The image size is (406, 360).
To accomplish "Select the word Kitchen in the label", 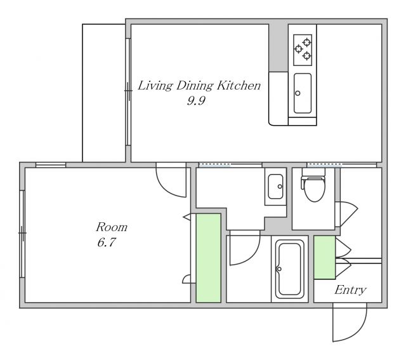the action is (239, 86).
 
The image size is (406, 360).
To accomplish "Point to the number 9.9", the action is (196, 100).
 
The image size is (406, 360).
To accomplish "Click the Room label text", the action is (112, 227).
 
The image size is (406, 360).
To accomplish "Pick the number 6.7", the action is (107, 243).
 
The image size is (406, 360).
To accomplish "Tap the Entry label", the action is (350, 290).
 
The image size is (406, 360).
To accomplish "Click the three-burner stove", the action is (303, 50).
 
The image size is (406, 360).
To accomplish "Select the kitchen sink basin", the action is (303, 93).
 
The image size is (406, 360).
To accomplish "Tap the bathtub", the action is (289, 269).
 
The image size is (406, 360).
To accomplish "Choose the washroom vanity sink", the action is (275, 187).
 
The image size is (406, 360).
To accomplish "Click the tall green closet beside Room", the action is (209, 258).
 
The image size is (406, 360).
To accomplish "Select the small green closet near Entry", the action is (325, 257).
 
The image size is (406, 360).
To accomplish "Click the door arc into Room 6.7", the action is (166, 189).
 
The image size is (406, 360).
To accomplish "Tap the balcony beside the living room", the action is (104, 93).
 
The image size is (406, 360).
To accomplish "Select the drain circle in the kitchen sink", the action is (298, 93).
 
